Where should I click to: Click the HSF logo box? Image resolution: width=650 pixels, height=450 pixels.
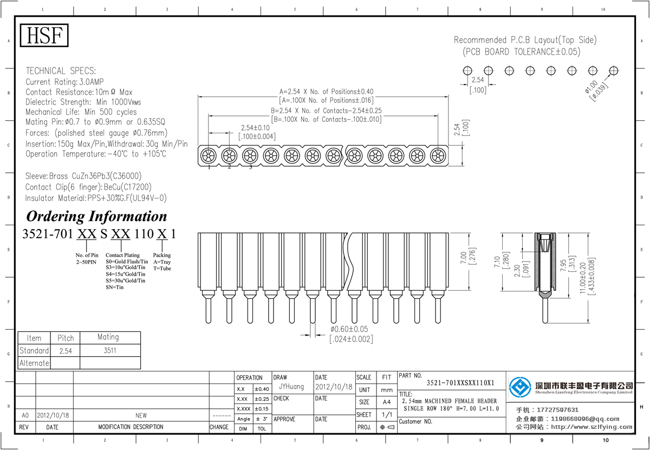click(45, 36)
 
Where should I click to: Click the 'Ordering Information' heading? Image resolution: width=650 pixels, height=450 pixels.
click(96, 217)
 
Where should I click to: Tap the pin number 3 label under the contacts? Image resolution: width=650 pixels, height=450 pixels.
click(250, 167)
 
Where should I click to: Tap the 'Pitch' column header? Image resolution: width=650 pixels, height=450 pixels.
click(66, 338)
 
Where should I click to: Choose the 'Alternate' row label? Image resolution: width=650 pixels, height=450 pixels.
click(34, 363)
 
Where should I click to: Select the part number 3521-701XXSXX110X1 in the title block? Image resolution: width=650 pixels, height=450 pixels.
click(460, 383)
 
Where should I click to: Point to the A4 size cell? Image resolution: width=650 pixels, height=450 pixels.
click(386, 402)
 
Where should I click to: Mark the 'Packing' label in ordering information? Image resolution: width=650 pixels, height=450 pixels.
click(161, 255)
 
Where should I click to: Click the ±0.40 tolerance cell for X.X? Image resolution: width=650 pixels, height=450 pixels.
click(262, 389)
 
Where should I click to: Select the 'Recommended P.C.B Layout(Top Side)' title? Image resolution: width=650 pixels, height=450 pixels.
click(524, 40)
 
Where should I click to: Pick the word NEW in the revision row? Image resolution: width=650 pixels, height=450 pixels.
click(141, 415)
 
